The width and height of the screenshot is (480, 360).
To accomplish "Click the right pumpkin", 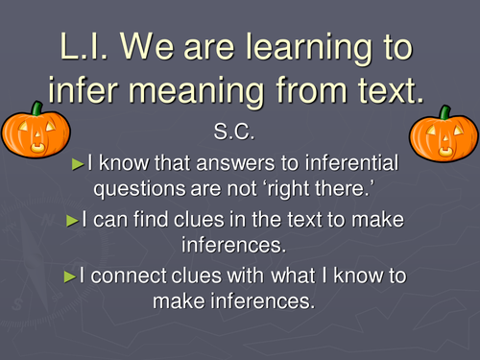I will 444,136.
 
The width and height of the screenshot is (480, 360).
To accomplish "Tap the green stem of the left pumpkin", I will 37,109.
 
